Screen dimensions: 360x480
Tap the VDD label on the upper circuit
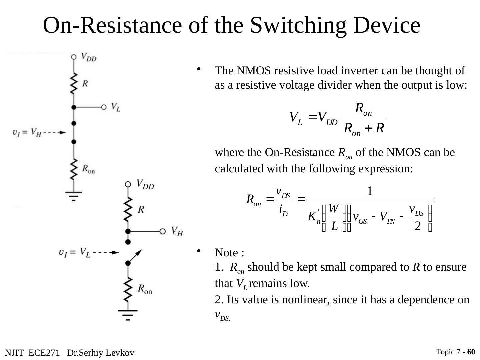pyautogui.click(x=89, y=57)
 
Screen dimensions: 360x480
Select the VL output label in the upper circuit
pyautogui.click(x=116, y=107)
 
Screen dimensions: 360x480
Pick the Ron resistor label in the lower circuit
pyautogui.click(x=145, y=289)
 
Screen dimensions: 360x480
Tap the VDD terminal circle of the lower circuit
pyautogui.click(x=128, y=184)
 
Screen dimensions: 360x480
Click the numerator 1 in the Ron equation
pyautogui.click(x=369, y=191)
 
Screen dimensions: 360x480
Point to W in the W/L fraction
pyautogui.click(x=333, y=209)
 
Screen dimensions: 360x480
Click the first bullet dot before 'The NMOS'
pyautogui.click(x=199, y=69)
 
